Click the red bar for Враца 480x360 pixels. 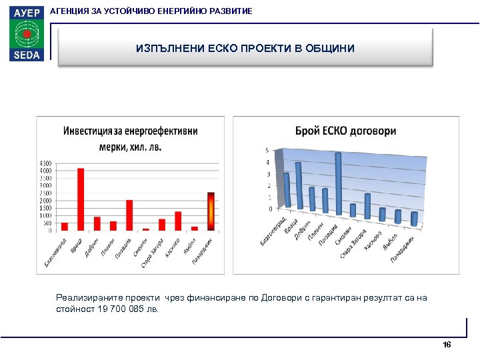click(81, 199)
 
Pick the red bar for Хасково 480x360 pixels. click(178, 221)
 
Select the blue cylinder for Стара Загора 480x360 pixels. click(367, 207)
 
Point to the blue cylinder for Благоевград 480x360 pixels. click(287, 190)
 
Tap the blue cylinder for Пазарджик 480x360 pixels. click(414, 219)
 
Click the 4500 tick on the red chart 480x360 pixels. click(46, 163)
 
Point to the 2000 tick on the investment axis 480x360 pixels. click(46, 201)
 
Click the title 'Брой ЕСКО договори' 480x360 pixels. click(345, 131)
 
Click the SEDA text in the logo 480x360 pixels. click(25, 55)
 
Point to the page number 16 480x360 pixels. click(447, 345)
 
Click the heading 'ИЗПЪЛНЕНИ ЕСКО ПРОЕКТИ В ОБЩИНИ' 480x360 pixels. click(245, 49)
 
